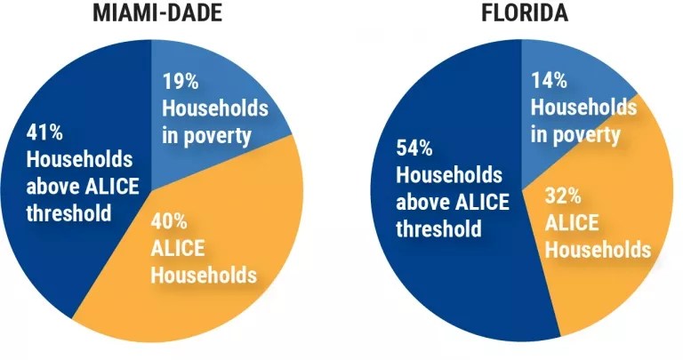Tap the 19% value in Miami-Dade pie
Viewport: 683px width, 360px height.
(181, 82)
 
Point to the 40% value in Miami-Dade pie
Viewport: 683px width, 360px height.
(170, 222)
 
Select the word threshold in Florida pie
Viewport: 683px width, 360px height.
(438, 228)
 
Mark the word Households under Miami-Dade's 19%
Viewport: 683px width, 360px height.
(214, 108)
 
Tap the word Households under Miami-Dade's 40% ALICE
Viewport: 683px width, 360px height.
(204, 275)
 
